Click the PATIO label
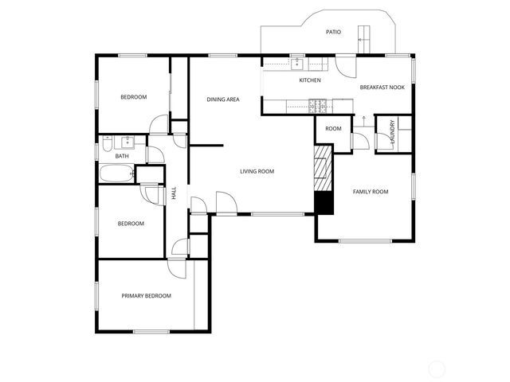pos(333,33)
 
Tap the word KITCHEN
pos(310,80)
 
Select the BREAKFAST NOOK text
pos(382,87)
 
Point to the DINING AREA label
pos(223,99)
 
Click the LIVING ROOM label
pos(257,171)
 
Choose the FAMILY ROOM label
pos(371,192)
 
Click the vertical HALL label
pos(174,193)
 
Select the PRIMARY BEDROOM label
pos(146,296)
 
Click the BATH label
pos(122,156)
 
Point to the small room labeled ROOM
pos(333,129)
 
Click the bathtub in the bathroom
pos(116,175)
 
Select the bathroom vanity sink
pos(126,142)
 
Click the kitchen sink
pos(296,64)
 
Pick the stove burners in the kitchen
pos(319,104)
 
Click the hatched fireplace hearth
pos(322,168)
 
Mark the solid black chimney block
pos(323,203)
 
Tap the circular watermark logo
pos(437,368)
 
